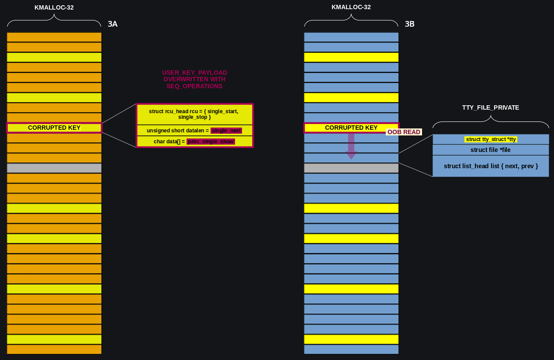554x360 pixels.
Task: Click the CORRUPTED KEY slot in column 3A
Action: click(54, 128)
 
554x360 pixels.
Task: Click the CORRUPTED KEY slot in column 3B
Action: click(351, 128)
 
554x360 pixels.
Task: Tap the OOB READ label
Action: click(404, 132)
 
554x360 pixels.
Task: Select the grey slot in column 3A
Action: click(54, 168)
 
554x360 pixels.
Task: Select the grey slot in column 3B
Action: click(351, 168)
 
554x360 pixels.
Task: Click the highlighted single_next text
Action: click(226, 131)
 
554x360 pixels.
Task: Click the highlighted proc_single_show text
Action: click(211, 142)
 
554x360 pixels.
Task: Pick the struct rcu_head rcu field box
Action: click(194, 114)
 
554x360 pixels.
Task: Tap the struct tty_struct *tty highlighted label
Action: click(491, 139)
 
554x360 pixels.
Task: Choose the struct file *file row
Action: click(491, 150)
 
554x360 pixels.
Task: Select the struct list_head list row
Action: click(491, 166)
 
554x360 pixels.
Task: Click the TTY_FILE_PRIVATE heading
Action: click(491, 107)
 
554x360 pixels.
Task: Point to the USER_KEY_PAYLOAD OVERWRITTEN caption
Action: click(194, 80)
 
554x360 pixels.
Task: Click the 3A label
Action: click(113, 24)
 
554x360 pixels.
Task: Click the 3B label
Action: click(410, 24)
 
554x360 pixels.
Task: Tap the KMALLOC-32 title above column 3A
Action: click(54, 7)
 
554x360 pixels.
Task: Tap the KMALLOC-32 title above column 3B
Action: click(351, 7)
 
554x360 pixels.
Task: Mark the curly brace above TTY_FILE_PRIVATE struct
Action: click(491, 122)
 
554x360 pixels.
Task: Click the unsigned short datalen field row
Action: click(194, 131)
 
